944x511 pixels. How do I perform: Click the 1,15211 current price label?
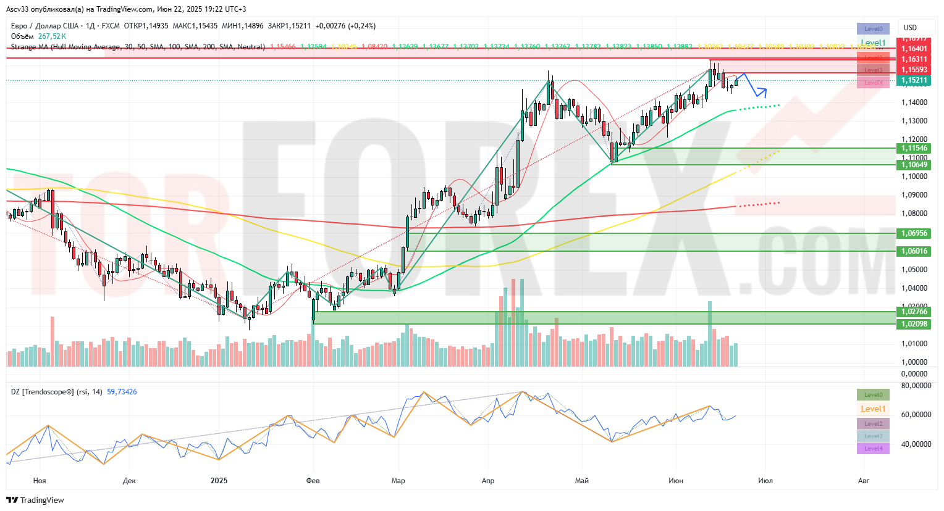[x=914, y=80]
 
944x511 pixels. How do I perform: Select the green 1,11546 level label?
[x=914, y=148]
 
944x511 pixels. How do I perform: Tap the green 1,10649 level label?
[x=914, y=165]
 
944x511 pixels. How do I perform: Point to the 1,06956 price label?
[x=914, y=233]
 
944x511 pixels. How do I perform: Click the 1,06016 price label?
[x=914, y=251]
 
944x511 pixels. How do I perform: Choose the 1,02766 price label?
[x=914, y=312]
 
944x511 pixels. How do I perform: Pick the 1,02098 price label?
[x=914, y=324]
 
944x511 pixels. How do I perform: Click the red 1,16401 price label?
[x=914, y=49]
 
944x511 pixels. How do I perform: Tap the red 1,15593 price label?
[x=914, y=70]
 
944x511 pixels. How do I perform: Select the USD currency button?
[x=910, y=28]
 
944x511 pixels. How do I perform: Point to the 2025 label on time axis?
[x=219, y=481]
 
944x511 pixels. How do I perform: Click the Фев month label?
[x=313, y=481]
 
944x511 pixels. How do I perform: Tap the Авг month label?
[x=864, y=481]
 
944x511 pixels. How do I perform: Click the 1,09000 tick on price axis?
[x=914, y=195]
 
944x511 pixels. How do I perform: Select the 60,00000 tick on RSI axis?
[x=916, y=415]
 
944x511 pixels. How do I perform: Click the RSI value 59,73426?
[x=122, y=392]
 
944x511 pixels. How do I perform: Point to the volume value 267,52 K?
[x=52, y=36]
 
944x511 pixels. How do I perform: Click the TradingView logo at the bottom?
[x=35, y=500]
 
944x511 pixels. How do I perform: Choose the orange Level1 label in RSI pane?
[x=873, y=409]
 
